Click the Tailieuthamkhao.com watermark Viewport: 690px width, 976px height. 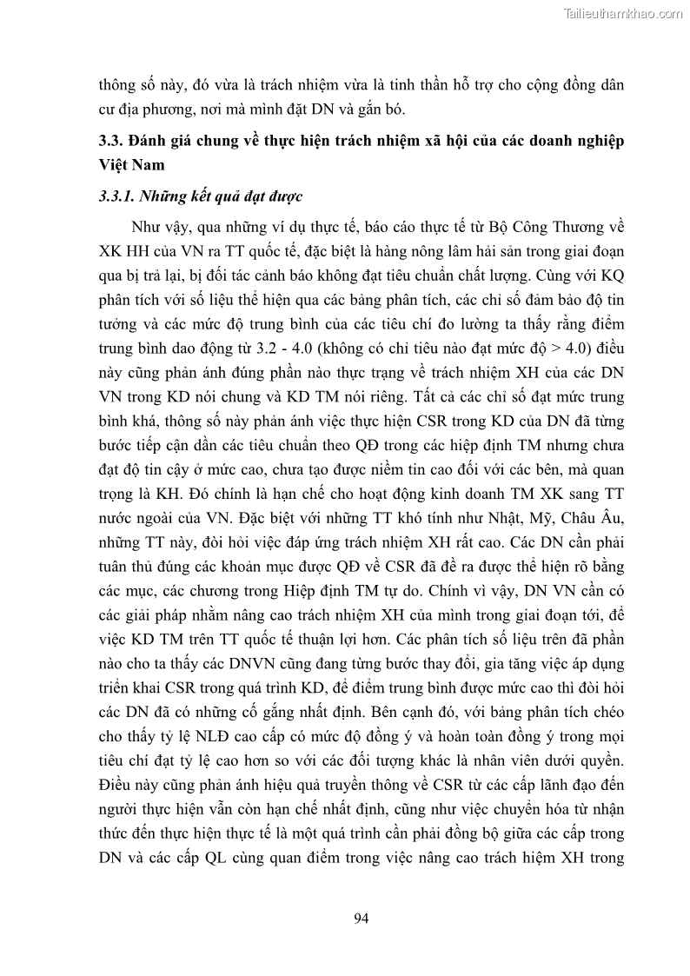tap(623, 12)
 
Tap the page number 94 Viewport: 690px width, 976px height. tap(362, 919)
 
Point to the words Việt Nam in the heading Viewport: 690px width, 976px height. tap(130, 164)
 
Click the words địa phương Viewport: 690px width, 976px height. tap(163, 109)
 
